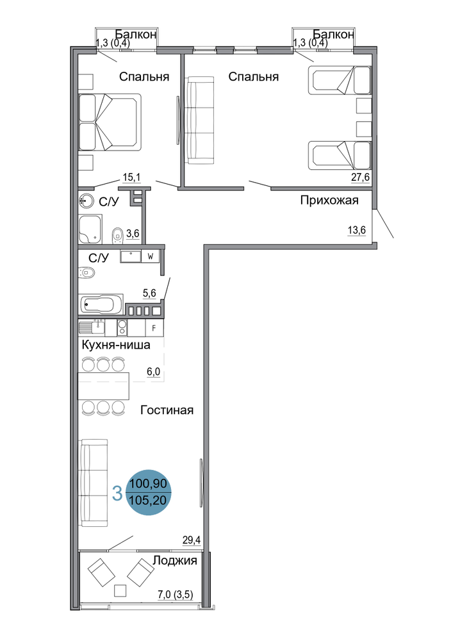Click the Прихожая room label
[x=329, y=200]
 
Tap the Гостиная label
[x=167, y=410]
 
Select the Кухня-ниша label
[x=116, y=345]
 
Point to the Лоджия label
[x=175, y=560]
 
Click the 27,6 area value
[x=360, y=178]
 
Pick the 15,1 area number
[x=131, y=178]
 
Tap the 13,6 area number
[x=357, y=230]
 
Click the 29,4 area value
[x=192, y=540]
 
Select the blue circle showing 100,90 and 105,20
[x=148, y=492]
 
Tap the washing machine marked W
[x=151, y=256]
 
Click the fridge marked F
[x=154, y=328]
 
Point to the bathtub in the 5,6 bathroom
[x=102, y=304]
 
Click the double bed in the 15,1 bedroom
[x=110, y=122]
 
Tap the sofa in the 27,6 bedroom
[x=201, y=121]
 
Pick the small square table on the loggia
[x=120, y=590]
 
